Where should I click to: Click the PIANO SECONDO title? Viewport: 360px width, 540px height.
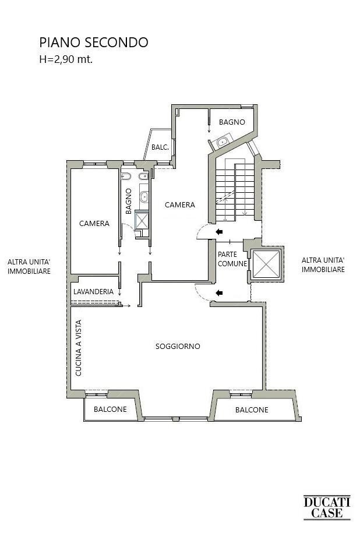point(93,43)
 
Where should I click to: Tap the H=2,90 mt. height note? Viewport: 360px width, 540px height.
point(66,58)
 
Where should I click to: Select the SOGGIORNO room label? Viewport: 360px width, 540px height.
point(178,347)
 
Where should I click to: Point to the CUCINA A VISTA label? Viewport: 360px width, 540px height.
point(79,350)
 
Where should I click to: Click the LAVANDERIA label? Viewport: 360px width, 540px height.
point(93,291)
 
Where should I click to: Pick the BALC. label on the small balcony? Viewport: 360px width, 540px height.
point(160,148)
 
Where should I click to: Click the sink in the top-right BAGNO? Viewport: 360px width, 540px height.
point(221,142)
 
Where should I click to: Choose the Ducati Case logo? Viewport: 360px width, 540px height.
point(327,507)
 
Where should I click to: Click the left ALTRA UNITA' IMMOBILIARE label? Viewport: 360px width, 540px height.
point(29,267)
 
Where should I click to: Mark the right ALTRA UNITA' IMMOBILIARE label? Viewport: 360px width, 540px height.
point(323,265)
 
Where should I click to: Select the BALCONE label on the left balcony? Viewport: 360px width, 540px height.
point(110,410)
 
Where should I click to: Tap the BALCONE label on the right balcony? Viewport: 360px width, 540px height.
point(252,410)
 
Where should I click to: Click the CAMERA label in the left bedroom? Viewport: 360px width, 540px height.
point(94,224)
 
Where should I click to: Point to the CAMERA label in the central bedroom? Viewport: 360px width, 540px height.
point(180,205)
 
